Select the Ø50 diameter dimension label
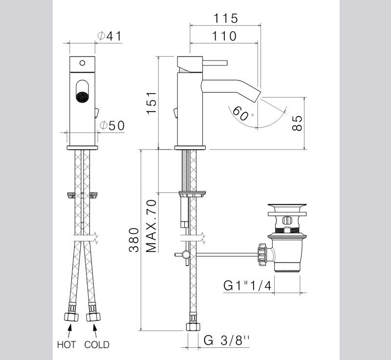click(112, 126)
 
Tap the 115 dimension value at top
click(225, 18)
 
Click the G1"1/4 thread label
click(247, 286)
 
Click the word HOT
click(66, 345)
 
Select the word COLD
click(97, 345)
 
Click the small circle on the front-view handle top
click(82, 63)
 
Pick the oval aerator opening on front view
click(82, 92)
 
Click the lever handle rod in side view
click(215, 63)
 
